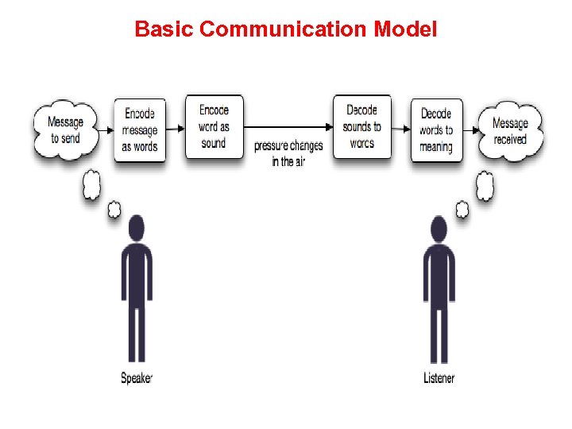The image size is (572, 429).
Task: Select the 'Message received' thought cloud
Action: point(510,130)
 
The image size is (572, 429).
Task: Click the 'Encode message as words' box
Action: point(140,130)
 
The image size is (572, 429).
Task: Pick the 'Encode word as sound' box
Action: point(214,126)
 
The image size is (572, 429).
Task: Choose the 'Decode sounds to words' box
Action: point(362,126)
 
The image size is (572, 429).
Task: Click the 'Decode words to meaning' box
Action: point(436,130)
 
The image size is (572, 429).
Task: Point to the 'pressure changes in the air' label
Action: point(288,153)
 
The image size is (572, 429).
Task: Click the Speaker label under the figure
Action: point(136,378)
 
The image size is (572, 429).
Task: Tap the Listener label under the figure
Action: point(439,378)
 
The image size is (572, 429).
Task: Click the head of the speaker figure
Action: point(137,229)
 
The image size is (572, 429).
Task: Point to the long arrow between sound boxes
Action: point(288,126)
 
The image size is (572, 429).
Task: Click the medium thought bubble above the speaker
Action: point(92,185)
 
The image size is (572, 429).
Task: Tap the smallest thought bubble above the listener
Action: point(462,210)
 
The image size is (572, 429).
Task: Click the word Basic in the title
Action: point(164,29)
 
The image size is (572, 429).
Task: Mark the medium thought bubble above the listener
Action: point(484,185)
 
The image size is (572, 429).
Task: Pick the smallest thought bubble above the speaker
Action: point(114,210)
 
